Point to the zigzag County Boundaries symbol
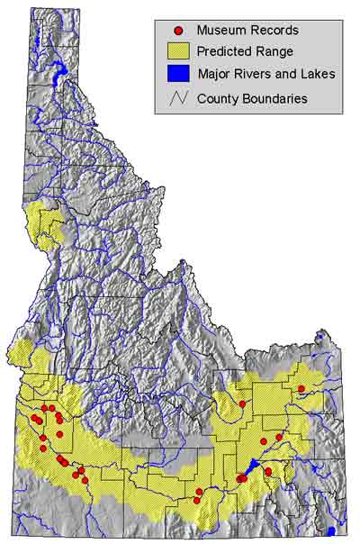coord(178,96)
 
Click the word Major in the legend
coord(212,74)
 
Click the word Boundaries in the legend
coord(275,96)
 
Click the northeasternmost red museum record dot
coord(301,388)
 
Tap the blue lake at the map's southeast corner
coord(331,530)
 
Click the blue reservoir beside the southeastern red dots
coord(254,466)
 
